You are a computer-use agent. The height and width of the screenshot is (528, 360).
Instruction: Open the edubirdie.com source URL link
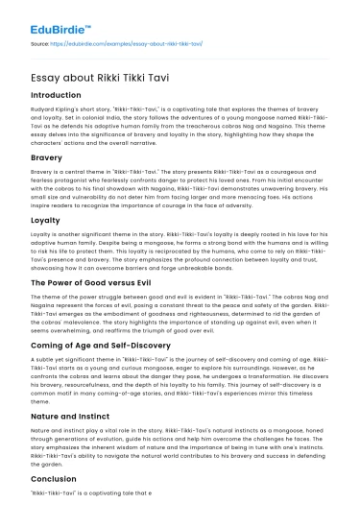tap(117, 43)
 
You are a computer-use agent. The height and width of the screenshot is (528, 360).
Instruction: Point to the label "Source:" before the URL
tap(41, 43)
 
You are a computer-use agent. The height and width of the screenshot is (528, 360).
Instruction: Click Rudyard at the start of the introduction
tap(45, 110)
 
